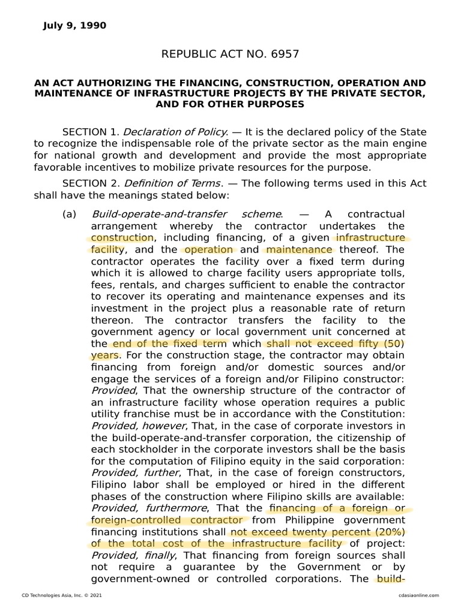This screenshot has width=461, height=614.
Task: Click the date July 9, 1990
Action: point(74,25)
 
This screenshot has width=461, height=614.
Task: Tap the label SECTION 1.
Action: point(90,132)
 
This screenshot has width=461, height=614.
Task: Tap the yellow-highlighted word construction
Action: point(119,237)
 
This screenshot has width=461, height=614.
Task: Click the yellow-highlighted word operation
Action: point(208,249)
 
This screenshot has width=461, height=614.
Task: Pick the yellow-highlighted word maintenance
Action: point(298,249)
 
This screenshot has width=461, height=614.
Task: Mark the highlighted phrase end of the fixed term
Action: point(169,344)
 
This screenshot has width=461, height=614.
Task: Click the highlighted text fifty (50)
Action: point(376,344)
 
